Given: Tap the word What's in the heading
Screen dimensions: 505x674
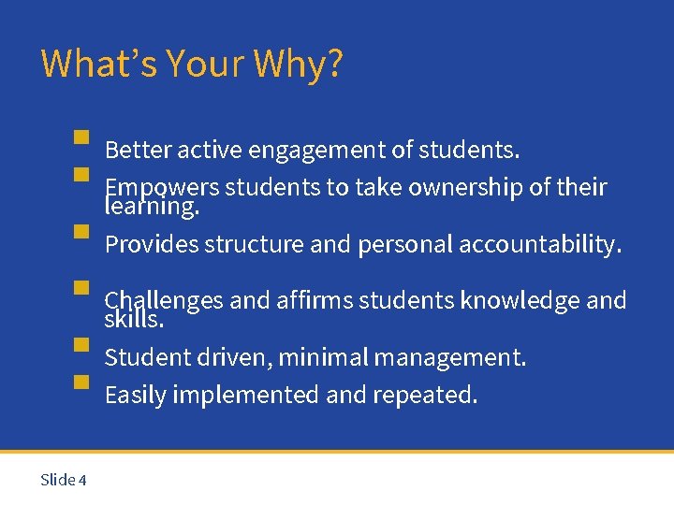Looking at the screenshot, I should click(x=99, y=64).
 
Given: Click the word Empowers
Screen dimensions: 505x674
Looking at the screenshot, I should click(x=161, y=187).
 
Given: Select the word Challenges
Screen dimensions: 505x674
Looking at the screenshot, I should click(x=164, y=300).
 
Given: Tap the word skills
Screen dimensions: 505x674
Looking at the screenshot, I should click(x=134, y=320).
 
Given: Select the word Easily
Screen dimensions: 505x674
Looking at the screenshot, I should click(x=136, y=396).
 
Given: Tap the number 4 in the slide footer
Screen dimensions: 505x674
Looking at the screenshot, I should click(x=82, y=480).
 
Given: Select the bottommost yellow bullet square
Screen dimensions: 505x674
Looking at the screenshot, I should click(x=81, y=382).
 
